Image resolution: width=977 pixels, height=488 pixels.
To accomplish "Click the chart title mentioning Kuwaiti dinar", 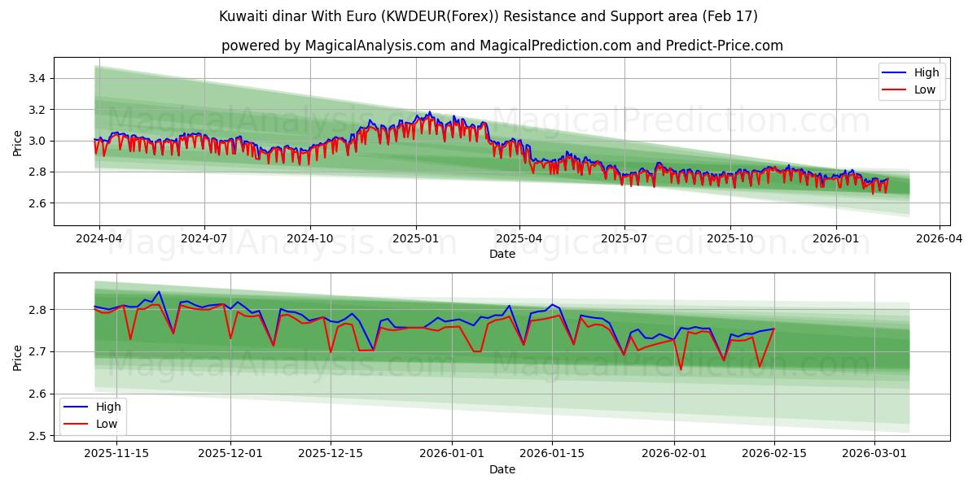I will [488, 16].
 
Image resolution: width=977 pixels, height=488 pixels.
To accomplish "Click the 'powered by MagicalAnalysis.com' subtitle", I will [502, 46].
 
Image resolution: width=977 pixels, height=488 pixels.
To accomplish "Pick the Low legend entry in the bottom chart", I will [106, 424].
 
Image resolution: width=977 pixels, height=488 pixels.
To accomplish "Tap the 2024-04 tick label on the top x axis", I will [99, 239].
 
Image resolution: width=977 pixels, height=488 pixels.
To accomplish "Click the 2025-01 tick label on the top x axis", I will [416, 239].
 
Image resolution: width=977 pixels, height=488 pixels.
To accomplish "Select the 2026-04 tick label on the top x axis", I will [940, 239].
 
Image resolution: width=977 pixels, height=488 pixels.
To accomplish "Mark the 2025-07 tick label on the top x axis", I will [624, 239].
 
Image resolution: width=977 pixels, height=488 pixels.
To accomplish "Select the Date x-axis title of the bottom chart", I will [502, 469].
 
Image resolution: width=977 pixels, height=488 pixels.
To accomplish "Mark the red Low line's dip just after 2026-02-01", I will [681, 369].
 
